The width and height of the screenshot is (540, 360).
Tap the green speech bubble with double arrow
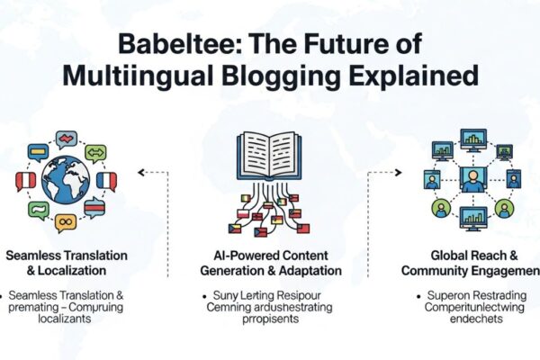point(95,152)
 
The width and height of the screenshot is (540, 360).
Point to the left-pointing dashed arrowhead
point(141,171)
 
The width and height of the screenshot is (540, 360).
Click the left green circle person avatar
point(439,209)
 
